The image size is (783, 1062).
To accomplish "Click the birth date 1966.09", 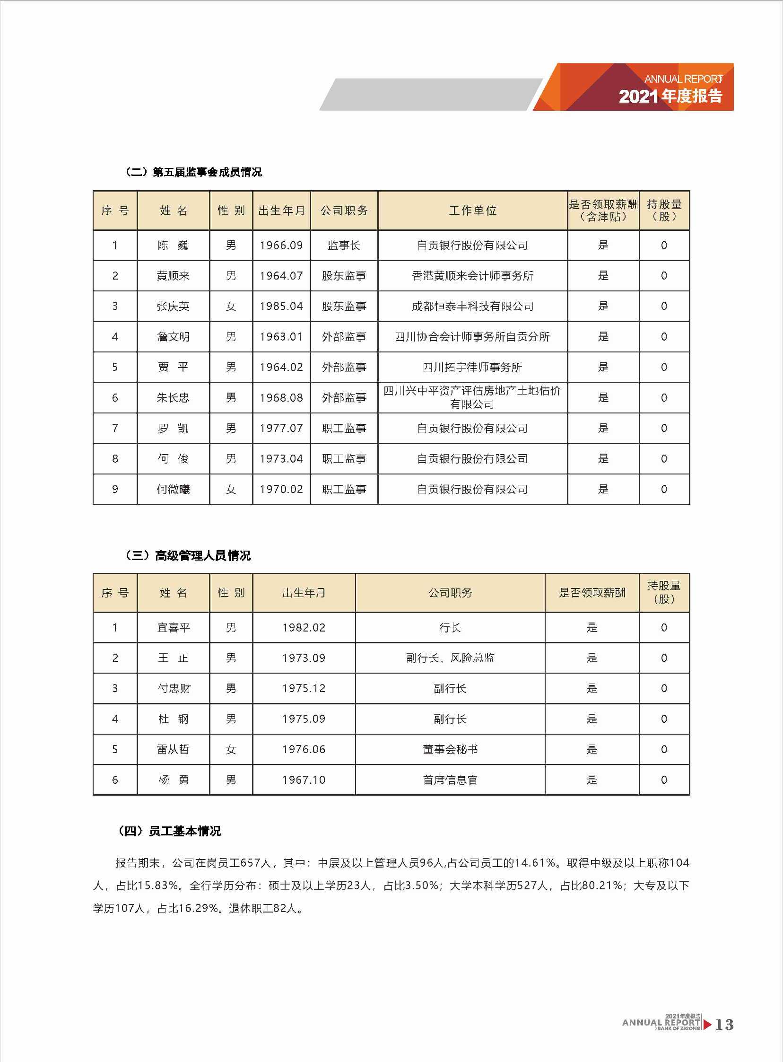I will click(x=281, y=246).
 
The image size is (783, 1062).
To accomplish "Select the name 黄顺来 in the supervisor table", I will click(x=173, y=276).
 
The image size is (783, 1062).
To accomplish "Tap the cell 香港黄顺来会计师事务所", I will click(x=472, y=276).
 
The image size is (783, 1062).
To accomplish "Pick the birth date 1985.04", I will click(x=281, y=306).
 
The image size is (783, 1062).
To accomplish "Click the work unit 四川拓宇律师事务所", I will click(x=472, y=367).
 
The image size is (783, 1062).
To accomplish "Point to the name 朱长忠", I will click(x=173, y=398).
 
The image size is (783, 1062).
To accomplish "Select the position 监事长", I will click(x=344, y=246).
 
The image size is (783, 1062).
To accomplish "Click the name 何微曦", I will click(x=173, y=489).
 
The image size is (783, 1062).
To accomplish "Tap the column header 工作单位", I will click(x=472, y=211).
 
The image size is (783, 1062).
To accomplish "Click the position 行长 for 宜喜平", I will click(x=450, y=628).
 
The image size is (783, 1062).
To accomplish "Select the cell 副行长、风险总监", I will click(x=450, y=658).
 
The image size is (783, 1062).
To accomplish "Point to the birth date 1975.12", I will click(x=304, y=688).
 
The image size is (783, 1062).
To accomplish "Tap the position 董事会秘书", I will click(x=450, y=750).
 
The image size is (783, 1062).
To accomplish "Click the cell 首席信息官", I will click(x=450, y=780).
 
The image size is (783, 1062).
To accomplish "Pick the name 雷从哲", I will click(x=173, y=750).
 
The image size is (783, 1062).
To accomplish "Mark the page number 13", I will click(x=724, y=1025).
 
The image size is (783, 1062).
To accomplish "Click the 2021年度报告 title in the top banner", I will click(x=670, y=96).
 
